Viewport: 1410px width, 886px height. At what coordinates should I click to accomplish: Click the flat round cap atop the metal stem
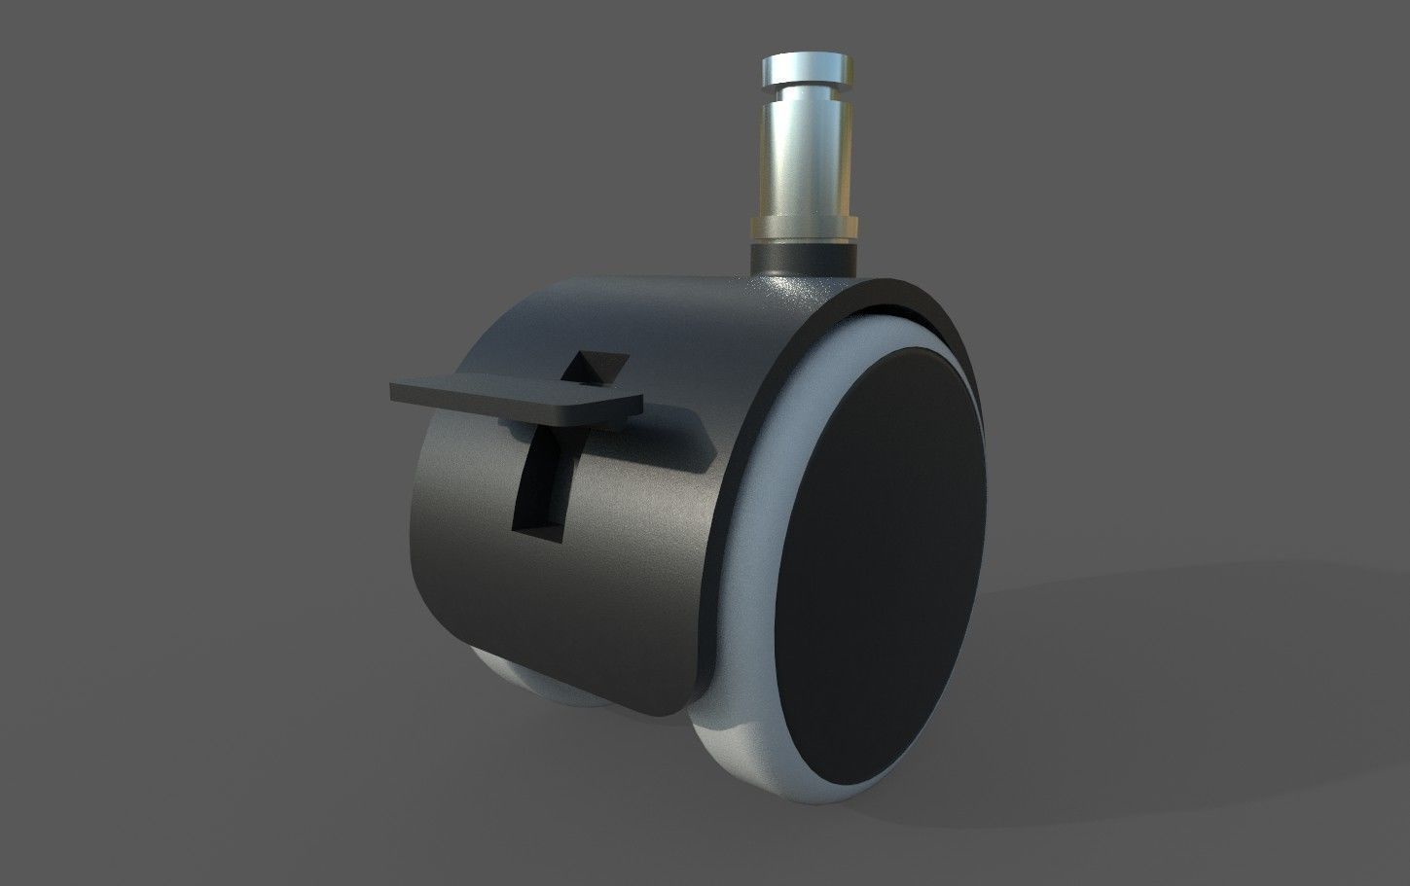pyautogui.click(x=808, y=67)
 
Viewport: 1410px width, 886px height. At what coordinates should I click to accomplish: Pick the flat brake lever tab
pyautogui.click(x=516, y=399)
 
